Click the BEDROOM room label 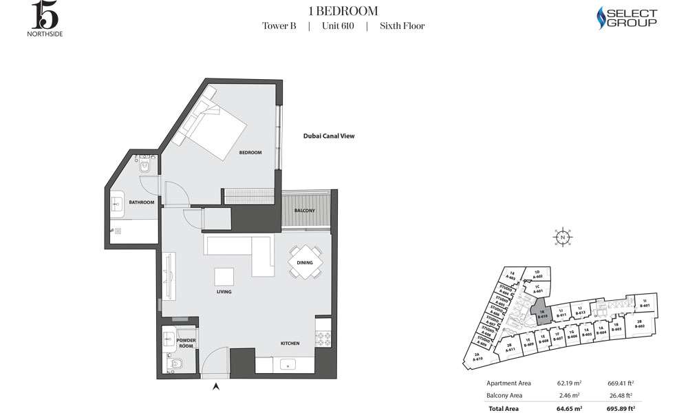(250, 152)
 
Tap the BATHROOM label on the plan (141, 202)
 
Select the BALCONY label (305, 210)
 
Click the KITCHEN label (290, 343)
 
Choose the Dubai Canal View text (328, 136)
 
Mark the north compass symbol (563, 237)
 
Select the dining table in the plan (305, 262)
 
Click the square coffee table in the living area (224, 276)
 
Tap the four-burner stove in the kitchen (323, 339)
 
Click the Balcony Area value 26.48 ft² (623, 395)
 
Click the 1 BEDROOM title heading (343, 10)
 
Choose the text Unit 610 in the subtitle (338, 26)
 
